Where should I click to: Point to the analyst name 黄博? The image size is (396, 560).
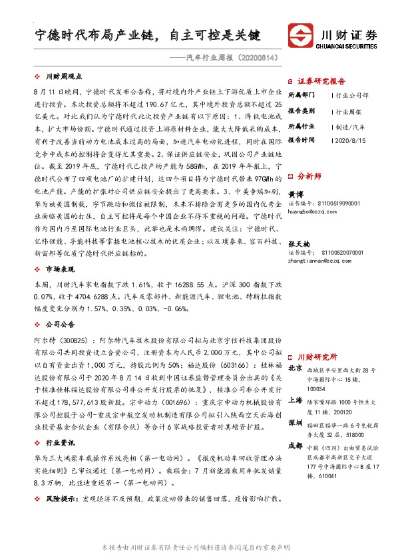[x=294, y=193]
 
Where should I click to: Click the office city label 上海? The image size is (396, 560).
[x=296, y=400]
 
